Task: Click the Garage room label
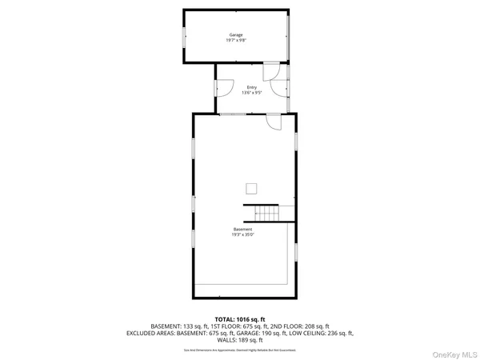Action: (236, 35)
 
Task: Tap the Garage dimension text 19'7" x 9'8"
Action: (236, 41)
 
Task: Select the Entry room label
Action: (252, 87)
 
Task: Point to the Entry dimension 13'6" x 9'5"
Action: (252, 93)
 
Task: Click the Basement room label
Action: (243, 230)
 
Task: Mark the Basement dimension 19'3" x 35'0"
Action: (243, 235)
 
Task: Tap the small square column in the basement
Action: (252, 188)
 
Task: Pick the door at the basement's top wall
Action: (274, 121)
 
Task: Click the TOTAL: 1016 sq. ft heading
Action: (239, 318)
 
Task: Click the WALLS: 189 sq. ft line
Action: (240, 340)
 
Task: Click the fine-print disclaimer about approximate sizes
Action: (239, 349)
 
